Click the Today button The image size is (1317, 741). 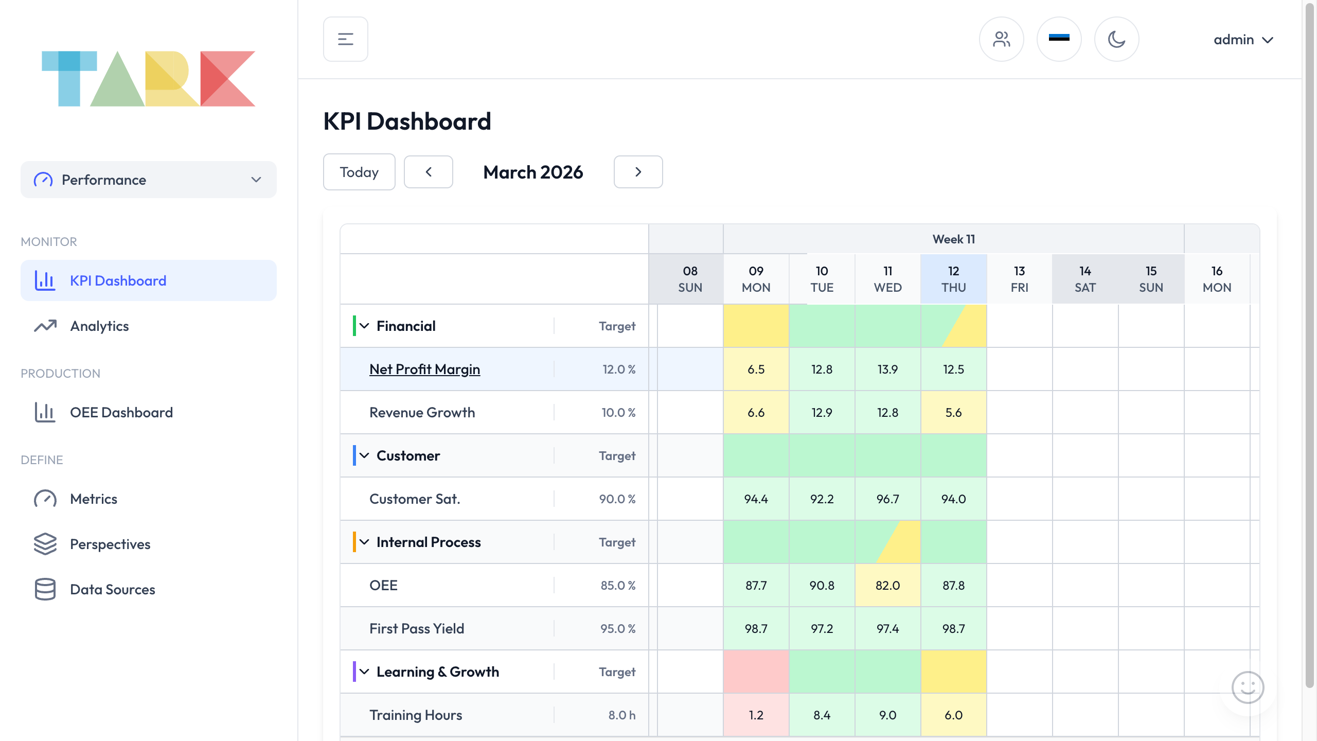pos(359,172)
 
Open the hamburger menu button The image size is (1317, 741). pos(345,39)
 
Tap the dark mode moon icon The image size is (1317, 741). pos(1116,39)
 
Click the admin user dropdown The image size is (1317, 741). pos(1242,40)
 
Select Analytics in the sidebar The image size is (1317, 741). pos(99,326)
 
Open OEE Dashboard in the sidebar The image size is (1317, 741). pos(121,413)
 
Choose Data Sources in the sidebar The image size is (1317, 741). pos(112,590)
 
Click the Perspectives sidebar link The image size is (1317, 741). pos(110,544)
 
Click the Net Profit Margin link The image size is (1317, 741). pos(424,369)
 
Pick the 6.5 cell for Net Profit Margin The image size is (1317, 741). pos(756,369)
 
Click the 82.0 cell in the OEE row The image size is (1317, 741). pos(887,586)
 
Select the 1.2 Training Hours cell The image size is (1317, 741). pos(756,715)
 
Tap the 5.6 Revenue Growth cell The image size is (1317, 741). pos(953,413)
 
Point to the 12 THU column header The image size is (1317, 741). pos(953,279)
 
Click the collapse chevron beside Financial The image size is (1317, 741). pos(364,326)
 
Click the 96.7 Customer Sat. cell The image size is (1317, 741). pos(887,499)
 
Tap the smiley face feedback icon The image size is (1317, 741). pos(1248,687)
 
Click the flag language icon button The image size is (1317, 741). pos(1059,39)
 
